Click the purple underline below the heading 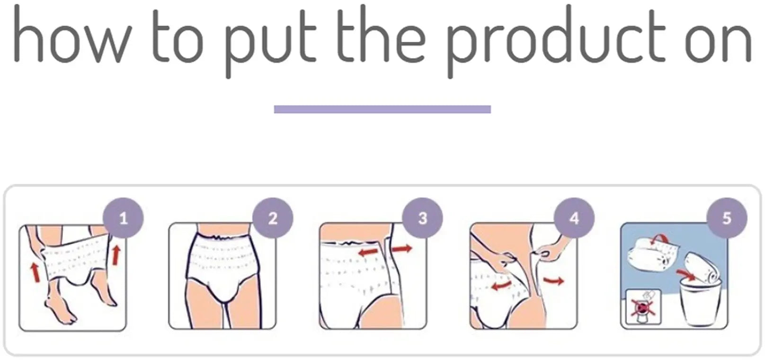(382, 109)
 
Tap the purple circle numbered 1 (123, 218)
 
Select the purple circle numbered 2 (273, 218)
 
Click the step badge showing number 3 (422, 218)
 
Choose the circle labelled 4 (574, 218)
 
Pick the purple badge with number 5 (727, 218)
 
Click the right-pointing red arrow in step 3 (402, 248)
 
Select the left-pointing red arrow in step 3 (369, 253)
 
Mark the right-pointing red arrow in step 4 (553, 281)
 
